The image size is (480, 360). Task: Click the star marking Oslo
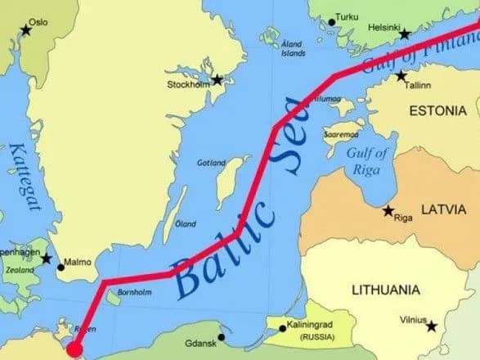pyautogui.click(x=25, y=30)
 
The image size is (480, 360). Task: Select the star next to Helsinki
pyautogui.click(x=404, y=34)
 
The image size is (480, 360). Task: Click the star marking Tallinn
pyautogui.click(x=401, y=76)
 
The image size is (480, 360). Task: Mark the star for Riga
pyautogui.click(x=388, y=210)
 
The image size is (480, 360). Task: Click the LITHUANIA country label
pyautogui.click(x=386, y=290)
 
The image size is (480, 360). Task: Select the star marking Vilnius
pyautogui.click(x=432, y=326)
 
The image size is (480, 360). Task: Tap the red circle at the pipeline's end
pyautogui.click(x=74, y=350)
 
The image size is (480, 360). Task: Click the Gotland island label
pyautogui.click(x=211, y=163)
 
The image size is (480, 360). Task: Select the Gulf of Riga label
pyautogui.click(x=366, y=160)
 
